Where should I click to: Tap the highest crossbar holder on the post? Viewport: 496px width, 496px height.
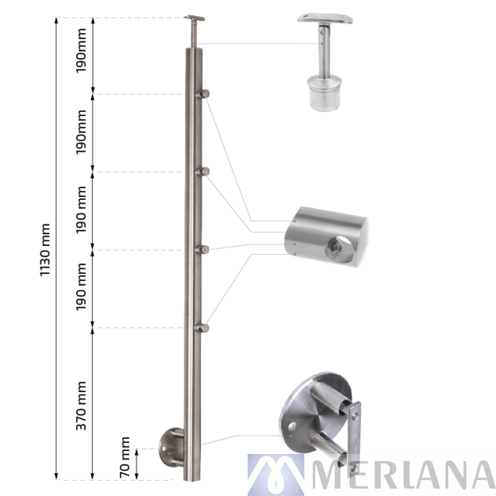pyautogui.click(x=205, y=94)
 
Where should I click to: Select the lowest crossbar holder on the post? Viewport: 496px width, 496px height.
pyautogui.click(x=205, y=326)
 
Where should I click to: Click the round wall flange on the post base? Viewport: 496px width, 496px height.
pyautogui.click(x=170, y=445)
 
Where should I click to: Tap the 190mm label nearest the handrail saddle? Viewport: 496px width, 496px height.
pyautogui.click(x=82, y=54)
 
